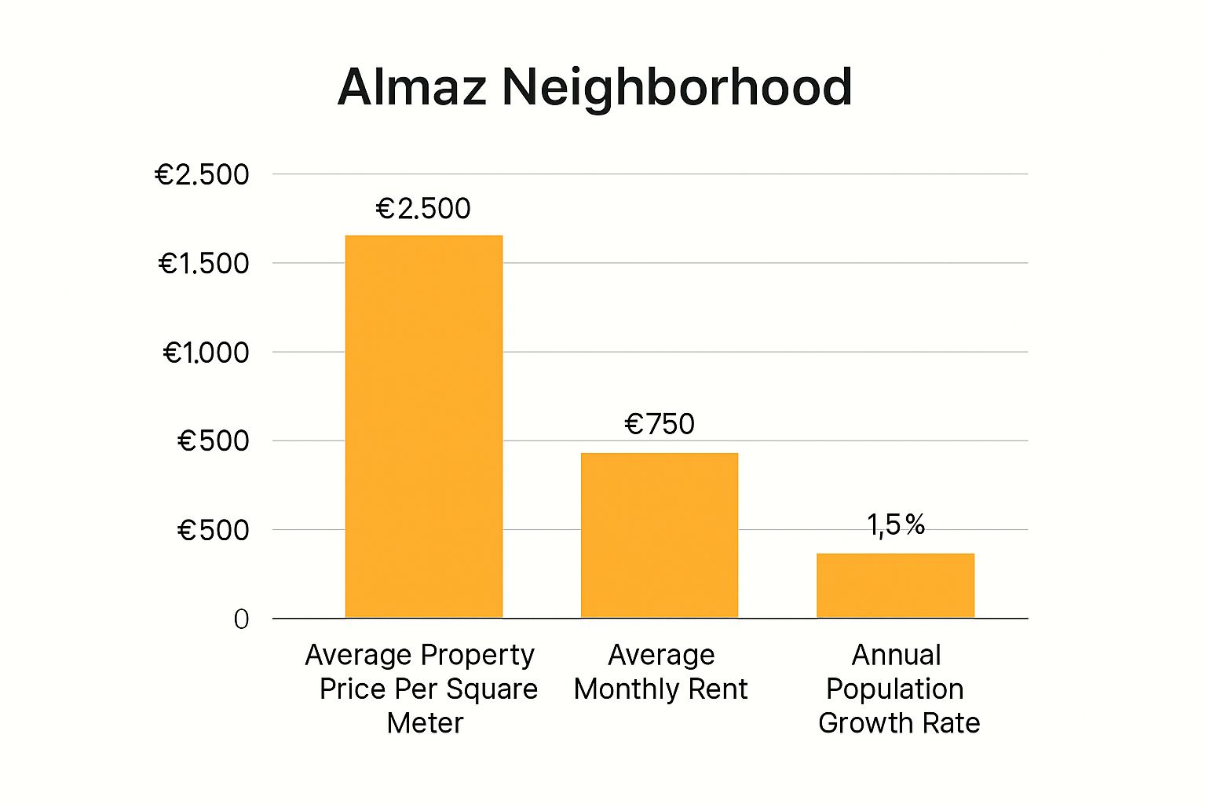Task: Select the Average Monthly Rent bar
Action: tap(660, 535)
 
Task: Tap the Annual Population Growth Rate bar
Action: tap(895, 586)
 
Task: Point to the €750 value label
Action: tap(660, 424)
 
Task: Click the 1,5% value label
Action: tap(896, 524)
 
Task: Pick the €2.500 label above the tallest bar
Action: tap(423, 208)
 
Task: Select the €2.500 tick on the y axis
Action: tap(202, 174)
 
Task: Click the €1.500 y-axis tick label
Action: tap(203, 264)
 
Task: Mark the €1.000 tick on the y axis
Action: tap(206, 353)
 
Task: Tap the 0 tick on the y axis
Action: tap(241, 619)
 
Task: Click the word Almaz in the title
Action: tap(412, 86)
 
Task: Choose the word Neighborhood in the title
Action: tap(677, 86)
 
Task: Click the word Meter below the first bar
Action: tap(425, 722)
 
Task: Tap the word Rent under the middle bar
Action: tap(718, 689)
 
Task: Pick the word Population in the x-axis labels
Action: tap(895, 689)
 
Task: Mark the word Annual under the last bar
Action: tap(896, 655)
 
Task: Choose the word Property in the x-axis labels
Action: tap(477, 655)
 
